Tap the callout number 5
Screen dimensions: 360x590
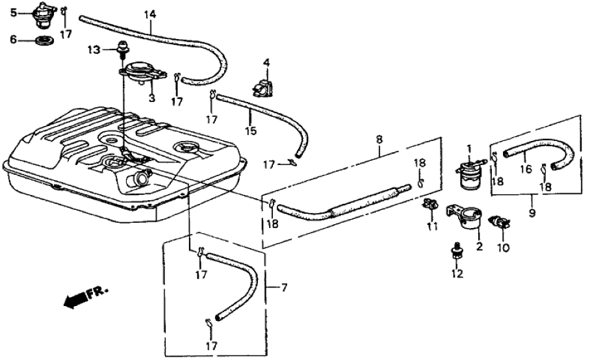[13, 10]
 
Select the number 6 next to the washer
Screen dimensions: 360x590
[13, 40]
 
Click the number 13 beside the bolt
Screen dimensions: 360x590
[94, 49]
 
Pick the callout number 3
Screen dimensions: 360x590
[151, 98]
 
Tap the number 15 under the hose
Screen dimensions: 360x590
[251, 131]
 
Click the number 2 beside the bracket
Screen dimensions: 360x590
[480, 246]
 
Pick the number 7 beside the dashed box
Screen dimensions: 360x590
[281, 287]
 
